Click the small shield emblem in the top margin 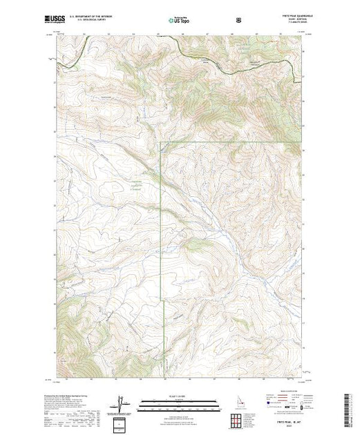pyautogui.click(x=239, y=21)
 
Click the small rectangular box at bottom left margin pyautogui.click(x=122, y=422)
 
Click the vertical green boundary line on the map pyautogui.click(x=161, y=221)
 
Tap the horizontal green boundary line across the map pyautogui.click(x=228, y=142)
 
